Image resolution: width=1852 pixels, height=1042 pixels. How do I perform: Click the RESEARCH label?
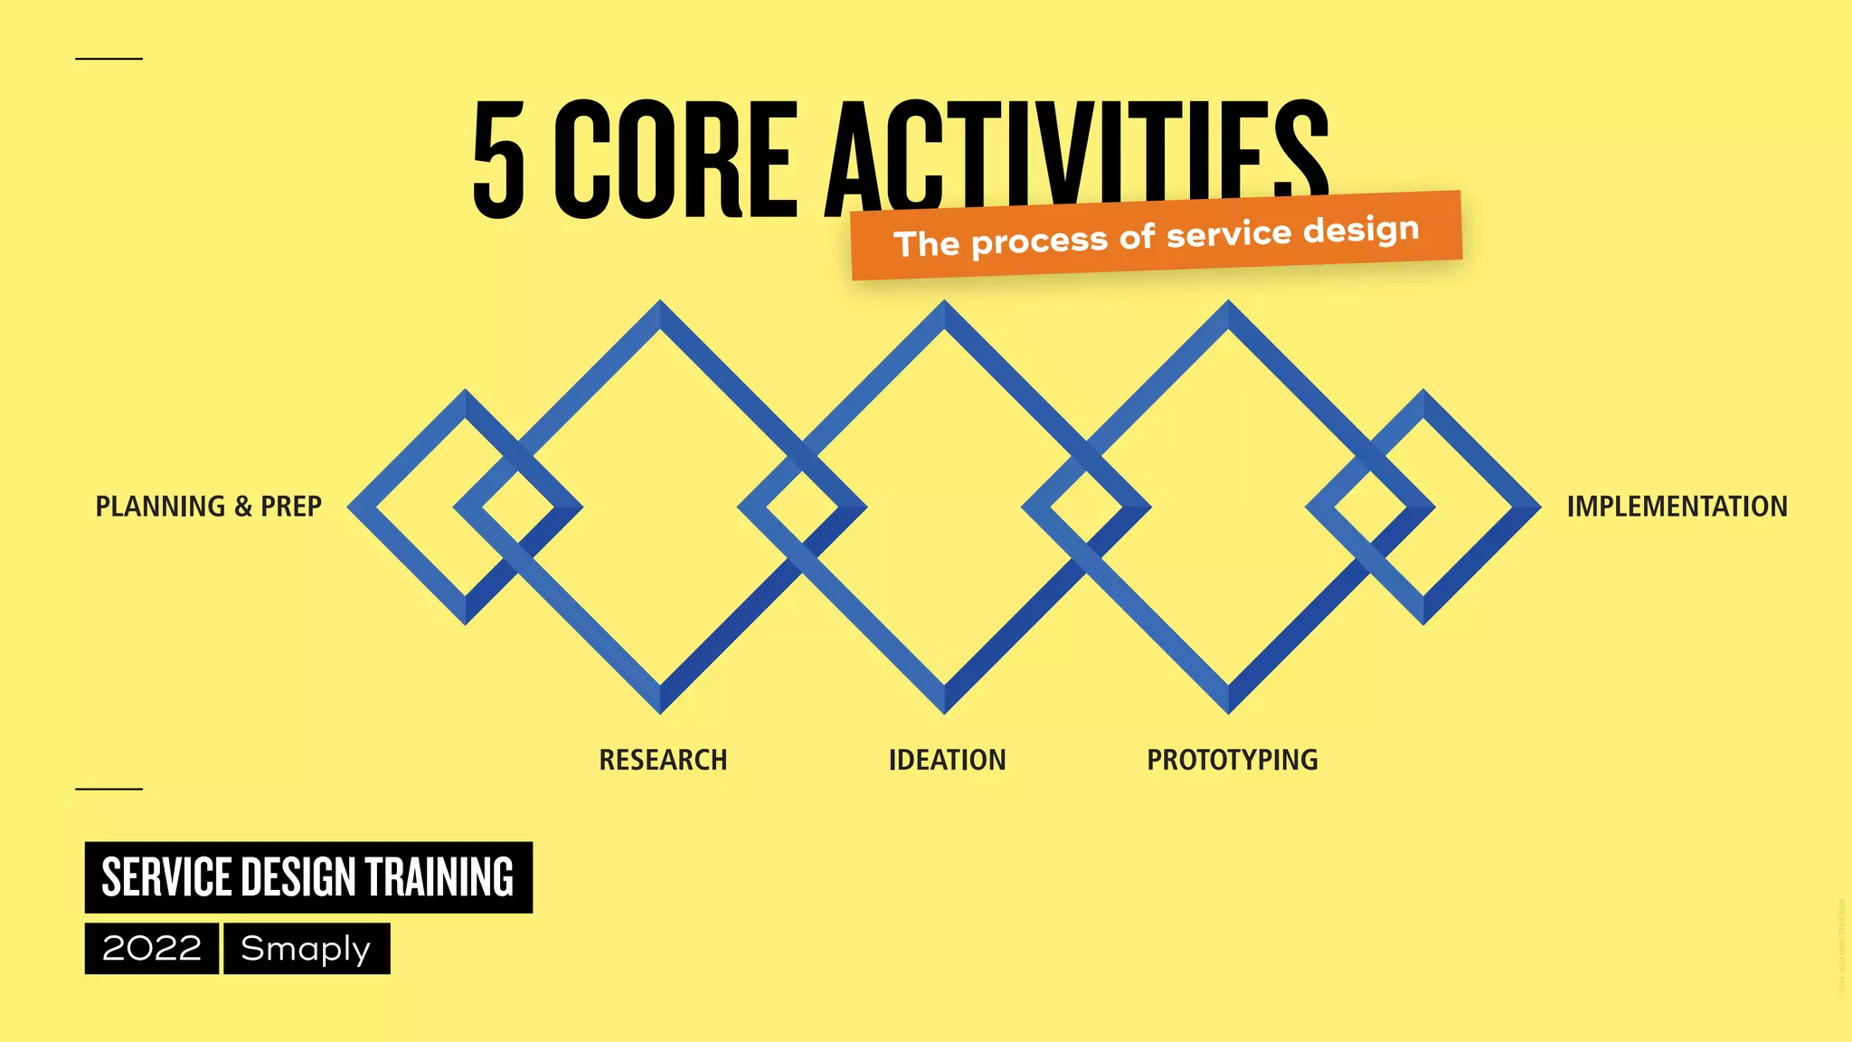(663, 760)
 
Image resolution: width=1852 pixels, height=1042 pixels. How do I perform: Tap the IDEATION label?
(947, 760)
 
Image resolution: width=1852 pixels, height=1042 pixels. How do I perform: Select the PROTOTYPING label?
(1232, 760)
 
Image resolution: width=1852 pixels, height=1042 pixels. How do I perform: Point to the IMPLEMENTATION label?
(1677, 507)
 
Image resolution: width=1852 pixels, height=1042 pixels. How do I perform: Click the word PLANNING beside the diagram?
(160, 507)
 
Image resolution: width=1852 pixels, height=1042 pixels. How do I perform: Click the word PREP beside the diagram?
(291, 507)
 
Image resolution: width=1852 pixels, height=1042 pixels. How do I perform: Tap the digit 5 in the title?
(498, 160)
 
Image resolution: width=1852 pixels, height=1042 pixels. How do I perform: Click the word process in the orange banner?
(1039, 241)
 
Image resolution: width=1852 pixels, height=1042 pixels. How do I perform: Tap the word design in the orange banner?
(1361, 230)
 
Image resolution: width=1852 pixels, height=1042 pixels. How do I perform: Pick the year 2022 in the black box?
(152, 949)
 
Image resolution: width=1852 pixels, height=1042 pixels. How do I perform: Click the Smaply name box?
(307, 949)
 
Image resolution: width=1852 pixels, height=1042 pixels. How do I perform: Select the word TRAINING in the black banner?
(439, 877)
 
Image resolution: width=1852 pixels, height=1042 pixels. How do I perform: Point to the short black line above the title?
(109, 59)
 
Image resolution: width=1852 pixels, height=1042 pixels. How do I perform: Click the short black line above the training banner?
(109, 789)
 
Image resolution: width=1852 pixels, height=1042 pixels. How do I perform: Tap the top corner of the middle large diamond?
(944, 308)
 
